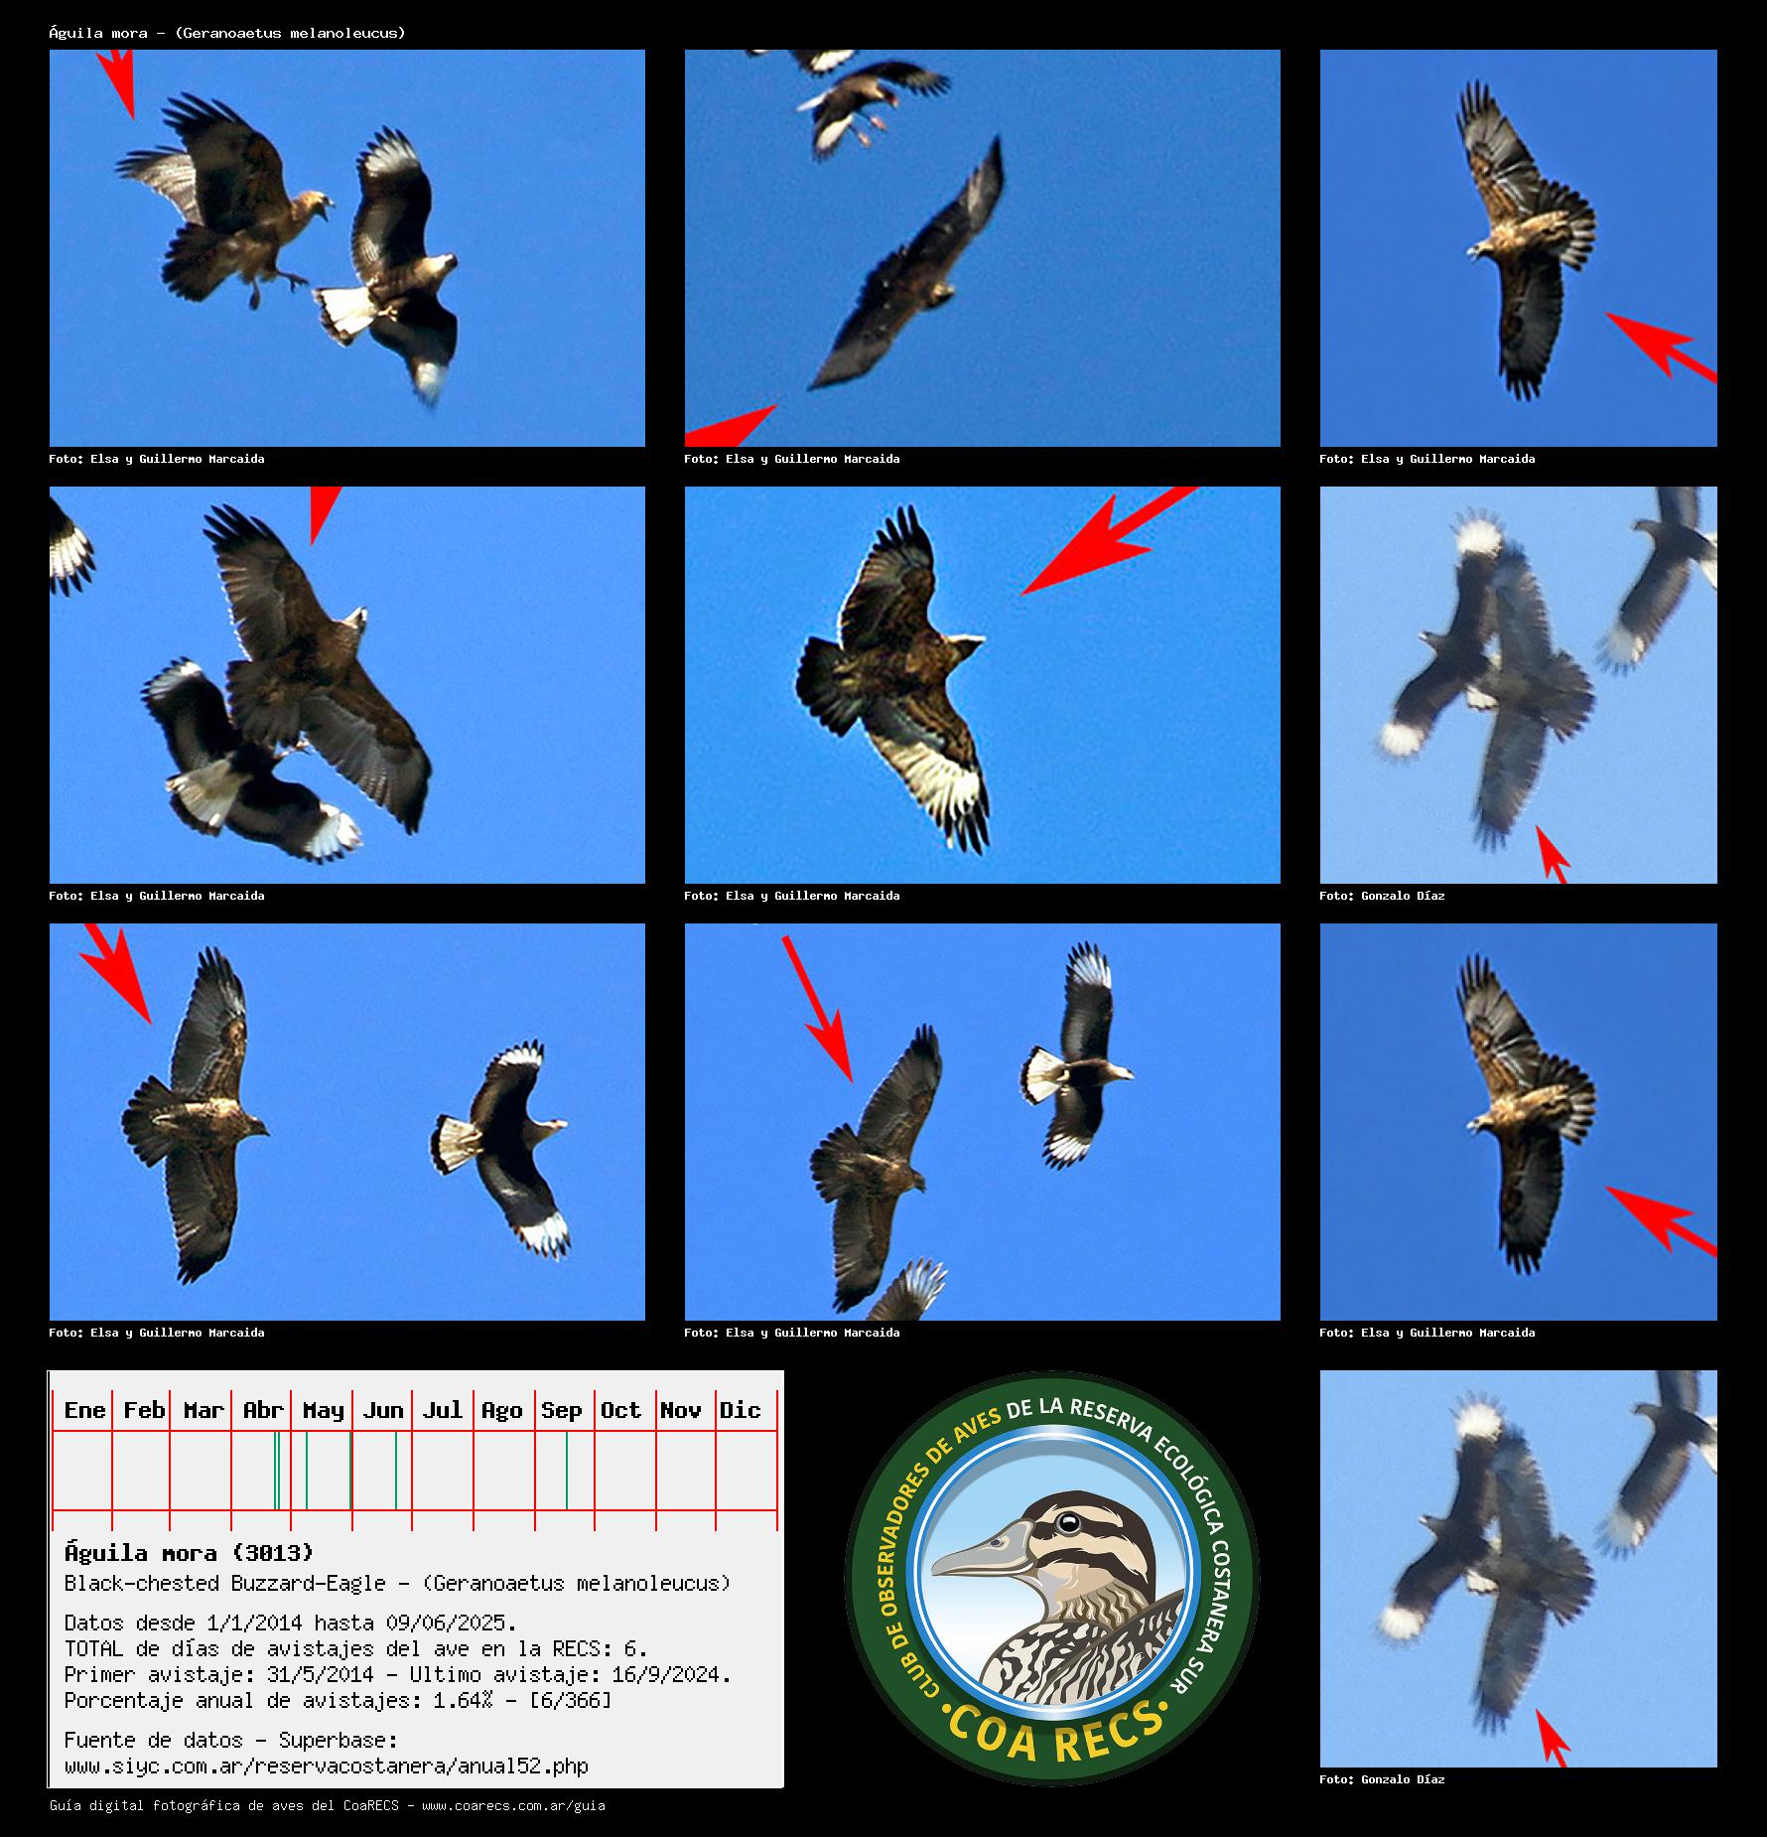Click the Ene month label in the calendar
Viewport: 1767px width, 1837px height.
(x=84, y=1410)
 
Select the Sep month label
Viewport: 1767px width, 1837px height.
(x=561, y=1411)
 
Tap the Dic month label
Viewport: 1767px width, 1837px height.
(x=740, y=1410)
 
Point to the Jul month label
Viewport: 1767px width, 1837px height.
(x=442, y=1410)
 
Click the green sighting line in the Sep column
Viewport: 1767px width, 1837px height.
(x=567, y=1471)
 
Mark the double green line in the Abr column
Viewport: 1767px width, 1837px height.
(x=277, y=1471)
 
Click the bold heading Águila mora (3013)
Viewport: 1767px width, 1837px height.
(x=189, y=1553)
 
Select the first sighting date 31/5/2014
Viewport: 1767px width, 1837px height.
(x=320, y=1674)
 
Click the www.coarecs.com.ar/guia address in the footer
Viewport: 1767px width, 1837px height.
(x=513, y=1805)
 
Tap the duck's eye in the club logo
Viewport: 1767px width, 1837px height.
(x=1068, y=1522)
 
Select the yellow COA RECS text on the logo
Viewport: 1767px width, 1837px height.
(x=1054, y=1731)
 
